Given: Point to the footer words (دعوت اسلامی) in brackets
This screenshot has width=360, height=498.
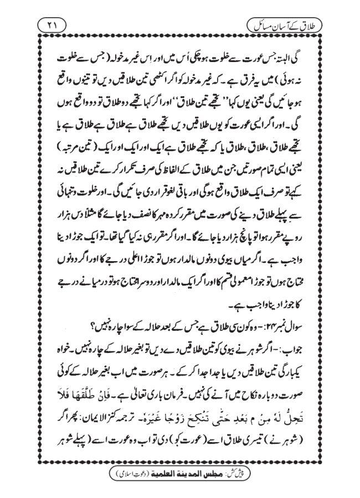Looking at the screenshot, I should point(146,475).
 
